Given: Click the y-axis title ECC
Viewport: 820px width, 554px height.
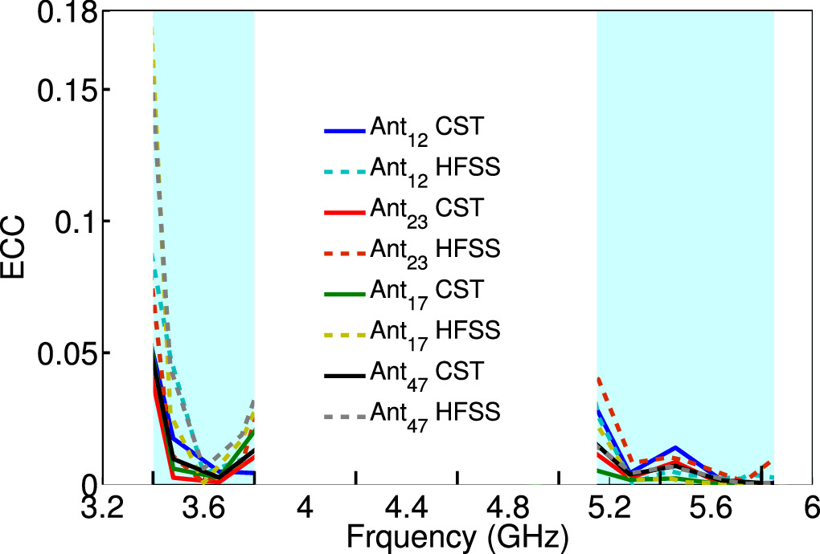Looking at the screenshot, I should point(17,248).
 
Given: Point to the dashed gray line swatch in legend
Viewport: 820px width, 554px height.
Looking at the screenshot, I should point(344,414).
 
